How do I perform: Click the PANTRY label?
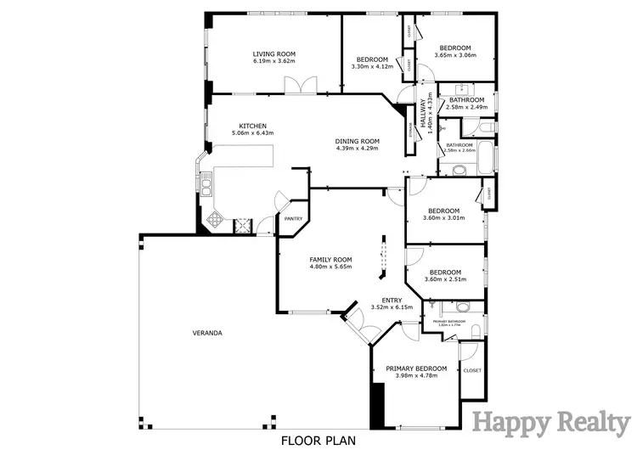294,218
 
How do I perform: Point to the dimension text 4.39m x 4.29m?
356,149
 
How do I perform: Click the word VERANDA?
207,333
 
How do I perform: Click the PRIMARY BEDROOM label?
416,368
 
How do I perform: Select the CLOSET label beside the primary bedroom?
472,370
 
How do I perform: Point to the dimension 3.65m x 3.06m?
455,55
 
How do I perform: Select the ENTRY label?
392,300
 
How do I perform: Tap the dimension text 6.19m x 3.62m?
273,60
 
